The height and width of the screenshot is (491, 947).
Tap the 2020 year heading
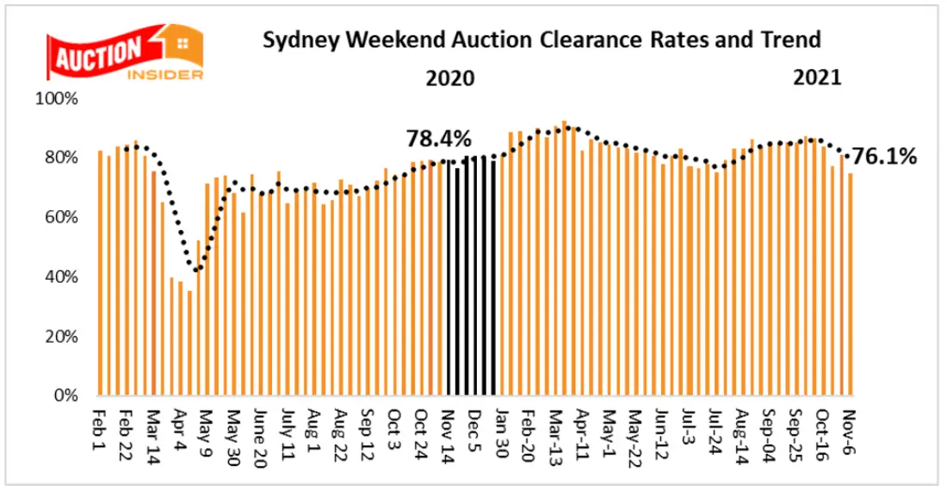(x=450, y=78)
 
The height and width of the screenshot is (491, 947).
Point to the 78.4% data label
(x=439, y=138)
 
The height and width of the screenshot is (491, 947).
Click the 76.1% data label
(x=884, y=157)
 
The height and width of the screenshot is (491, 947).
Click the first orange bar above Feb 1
(x=101, y=273)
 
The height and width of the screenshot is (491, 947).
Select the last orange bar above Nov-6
(x=850, y=284)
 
